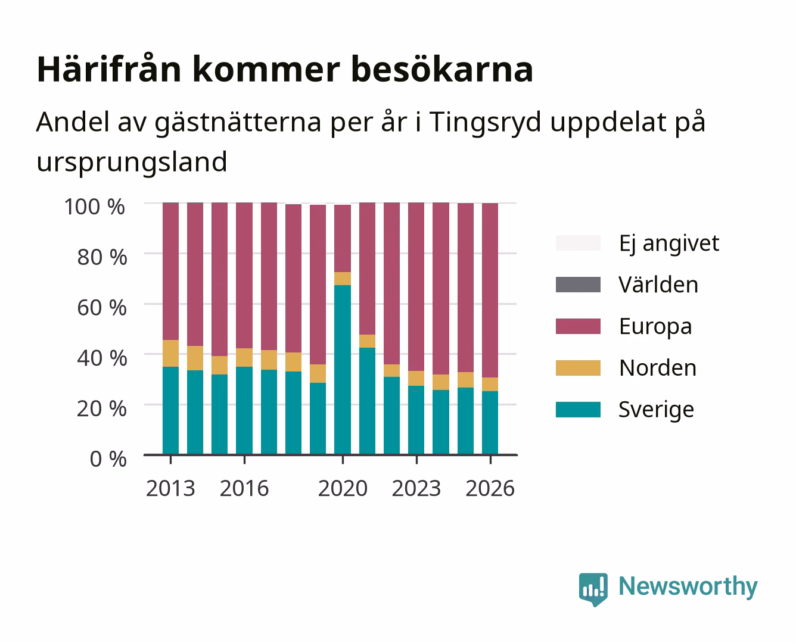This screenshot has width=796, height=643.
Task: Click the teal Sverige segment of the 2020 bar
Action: coord(343,370)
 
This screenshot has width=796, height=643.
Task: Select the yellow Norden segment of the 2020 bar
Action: coord(343,279)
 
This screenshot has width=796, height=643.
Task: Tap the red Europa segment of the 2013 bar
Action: coord(170,271)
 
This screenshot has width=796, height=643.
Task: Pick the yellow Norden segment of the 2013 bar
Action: coord(170,353)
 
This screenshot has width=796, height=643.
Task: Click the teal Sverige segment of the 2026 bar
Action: coord(490,423)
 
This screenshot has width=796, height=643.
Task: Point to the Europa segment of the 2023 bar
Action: coord(416,287)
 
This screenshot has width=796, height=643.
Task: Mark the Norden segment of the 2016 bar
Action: coord(244,358)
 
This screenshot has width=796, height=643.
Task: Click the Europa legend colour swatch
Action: coord(578,326)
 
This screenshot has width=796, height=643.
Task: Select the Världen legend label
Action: coord(658,285)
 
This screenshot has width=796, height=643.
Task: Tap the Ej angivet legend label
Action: coord(669,244)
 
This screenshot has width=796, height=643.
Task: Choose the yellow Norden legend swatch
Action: coord(578,368)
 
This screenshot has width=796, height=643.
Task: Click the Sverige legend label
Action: coord(656,410)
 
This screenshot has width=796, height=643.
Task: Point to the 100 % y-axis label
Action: coord(95,207)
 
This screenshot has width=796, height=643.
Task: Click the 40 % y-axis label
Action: coord(102,358)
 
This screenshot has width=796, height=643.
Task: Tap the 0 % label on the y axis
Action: coord(108,459)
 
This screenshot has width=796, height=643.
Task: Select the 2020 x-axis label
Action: coord(343,488)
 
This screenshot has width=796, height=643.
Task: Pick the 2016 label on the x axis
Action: coord(244,488)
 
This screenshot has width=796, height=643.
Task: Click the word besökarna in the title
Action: coord(442,70)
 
